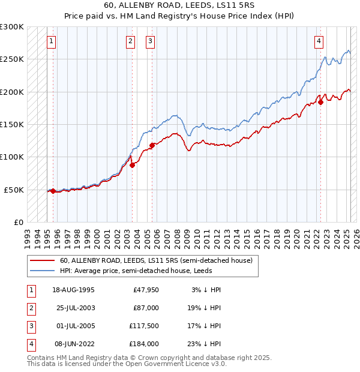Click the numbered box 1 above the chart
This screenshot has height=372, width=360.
52,41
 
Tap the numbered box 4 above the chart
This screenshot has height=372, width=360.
319,41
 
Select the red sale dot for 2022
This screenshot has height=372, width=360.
321,102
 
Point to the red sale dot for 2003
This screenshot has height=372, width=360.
132,166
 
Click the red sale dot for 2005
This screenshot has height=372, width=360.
152,145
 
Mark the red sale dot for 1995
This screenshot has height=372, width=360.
53,191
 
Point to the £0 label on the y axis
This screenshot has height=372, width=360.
19,222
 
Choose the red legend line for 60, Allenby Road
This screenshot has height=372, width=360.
41,260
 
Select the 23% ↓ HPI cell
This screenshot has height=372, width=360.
203,344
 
